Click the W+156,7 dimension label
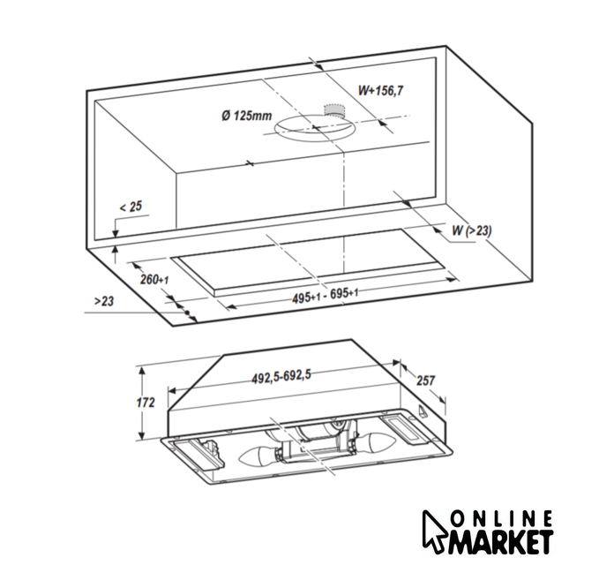[380, 91]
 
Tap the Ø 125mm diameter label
[247, 115]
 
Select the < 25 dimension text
[131, 207]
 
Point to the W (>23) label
[472, 230]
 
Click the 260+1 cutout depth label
[154, 280]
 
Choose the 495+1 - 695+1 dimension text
[326, 296]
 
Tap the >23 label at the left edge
[104, 301]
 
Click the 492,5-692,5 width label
[281, 377]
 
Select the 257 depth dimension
[425, 380]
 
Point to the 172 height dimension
[146, 403]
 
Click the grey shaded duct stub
[334, 109]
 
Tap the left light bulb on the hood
[259, 456]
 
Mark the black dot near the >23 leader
[187, 313]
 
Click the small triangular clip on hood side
[423, 411]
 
